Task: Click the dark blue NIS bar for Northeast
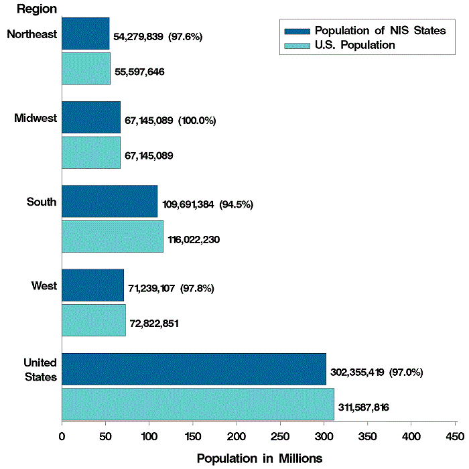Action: (x=85, y=34)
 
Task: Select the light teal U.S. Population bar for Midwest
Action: (x=90, y=153)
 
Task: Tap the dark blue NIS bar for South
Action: (x=109, y=202)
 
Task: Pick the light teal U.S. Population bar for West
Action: (x=93, y=320)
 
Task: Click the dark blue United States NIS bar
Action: (x=194, y=369)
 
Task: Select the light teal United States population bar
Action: (x=198, y=405)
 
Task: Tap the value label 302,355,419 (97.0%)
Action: (x=377, y=372)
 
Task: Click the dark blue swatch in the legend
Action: (x=297, y=31)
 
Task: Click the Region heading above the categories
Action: (x=37, y=9)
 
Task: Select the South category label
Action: (x=42, y=202)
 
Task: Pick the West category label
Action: (x=44, y=286)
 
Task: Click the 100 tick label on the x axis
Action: (x=149, y=436)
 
